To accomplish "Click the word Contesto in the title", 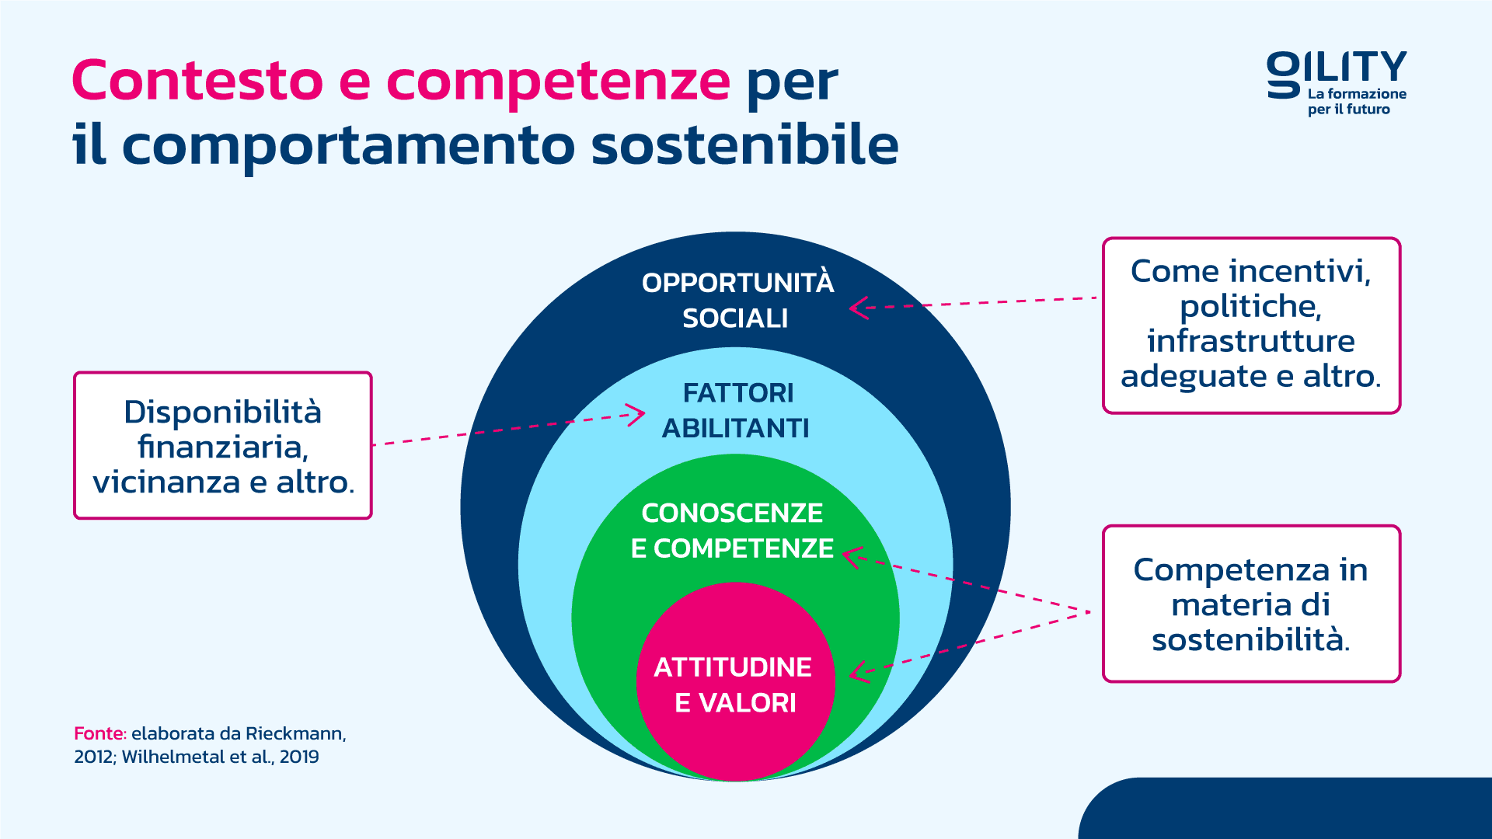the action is pos(197,81).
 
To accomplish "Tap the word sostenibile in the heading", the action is pos(744,145).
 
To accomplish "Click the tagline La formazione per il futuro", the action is pos(1357,102).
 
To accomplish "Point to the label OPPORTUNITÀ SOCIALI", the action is pos(737,300).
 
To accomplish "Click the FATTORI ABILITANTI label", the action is pos(736,410).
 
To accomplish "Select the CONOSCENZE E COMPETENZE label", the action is pos(732,531).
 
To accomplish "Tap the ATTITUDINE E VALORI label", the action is pos(734,684).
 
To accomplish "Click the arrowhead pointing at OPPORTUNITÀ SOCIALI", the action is pos(858,308).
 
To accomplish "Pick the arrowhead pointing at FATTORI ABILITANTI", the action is pos(636,415).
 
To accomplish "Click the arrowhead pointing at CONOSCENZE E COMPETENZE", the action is pos(852,557).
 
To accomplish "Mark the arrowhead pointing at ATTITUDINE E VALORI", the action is pos(859,672).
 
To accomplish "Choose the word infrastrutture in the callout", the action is pos(1251,341).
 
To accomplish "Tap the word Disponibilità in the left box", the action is pos(223,412).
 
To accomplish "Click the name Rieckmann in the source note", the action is pos(296,733).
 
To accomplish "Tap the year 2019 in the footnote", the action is pos(299,757).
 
